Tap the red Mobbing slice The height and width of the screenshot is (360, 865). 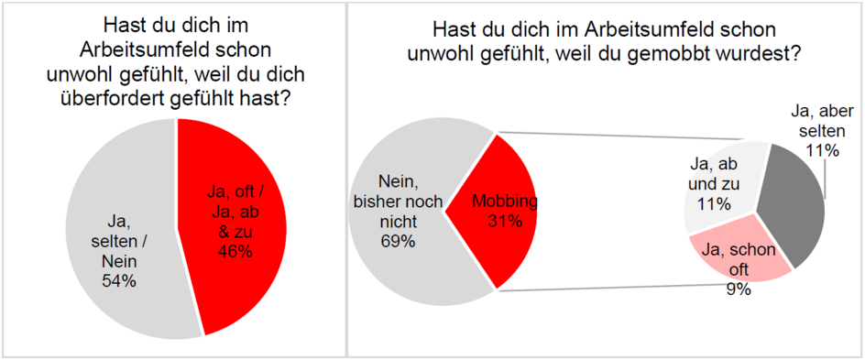tap(513, 247)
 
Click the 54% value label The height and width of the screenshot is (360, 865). tap(118, 281)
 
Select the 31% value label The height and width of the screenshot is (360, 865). tap(504, 221)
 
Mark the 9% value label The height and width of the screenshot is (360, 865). tap(739, 289)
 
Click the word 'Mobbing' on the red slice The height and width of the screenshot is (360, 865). tap(504, 201)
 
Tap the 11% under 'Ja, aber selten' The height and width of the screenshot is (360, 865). tap(827, 151)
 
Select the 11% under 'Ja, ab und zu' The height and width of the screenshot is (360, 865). tap(711, 202)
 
